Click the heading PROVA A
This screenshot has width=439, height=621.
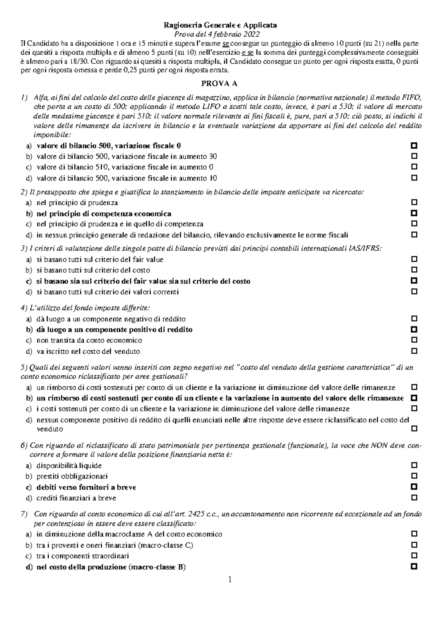pos(219,83)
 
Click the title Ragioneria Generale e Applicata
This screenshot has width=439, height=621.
pos(220,25)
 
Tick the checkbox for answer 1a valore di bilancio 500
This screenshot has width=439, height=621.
pos(414,145)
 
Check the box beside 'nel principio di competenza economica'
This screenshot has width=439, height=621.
pos(414,213)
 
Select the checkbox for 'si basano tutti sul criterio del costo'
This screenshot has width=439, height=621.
pos(414,270)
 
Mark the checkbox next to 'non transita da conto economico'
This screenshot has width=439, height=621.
pos(414,340)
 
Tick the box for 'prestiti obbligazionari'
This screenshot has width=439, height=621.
pos(414,476)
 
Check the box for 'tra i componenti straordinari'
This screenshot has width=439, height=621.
pos(414,555)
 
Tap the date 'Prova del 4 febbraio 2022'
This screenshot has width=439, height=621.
pos(219,34)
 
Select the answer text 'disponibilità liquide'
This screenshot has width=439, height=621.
pos(69,465)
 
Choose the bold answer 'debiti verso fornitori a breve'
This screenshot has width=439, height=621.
pos(86,487)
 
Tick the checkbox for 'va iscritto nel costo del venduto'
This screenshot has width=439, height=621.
pos(414,351)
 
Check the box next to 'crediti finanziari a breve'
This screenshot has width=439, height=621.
pos(414,498)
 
